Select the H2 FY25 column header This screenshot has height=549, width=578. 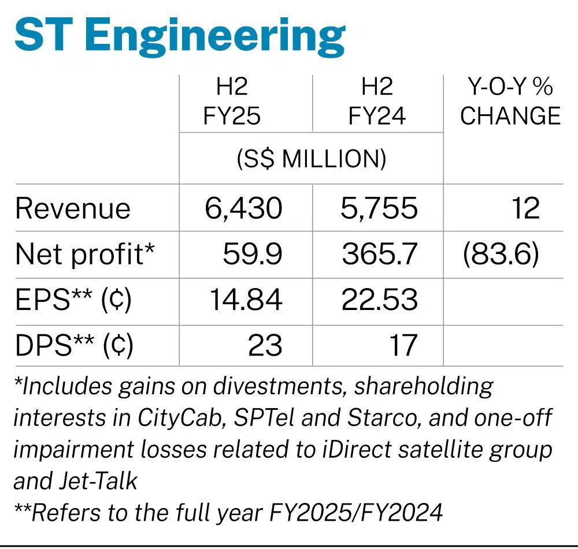point(232,101)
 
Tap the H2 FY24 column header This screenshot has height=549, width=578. point(377,101)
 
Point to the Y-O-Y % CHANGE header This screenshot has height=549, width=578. point(510,101)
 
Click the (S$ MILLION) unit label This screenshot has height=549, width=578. point(312,159)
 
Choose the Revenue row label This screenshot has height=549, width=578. point(73,208)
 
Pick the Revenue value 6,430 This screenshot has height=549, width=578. point(244,208)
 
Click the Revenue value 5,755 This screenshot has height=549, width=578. point(379,208)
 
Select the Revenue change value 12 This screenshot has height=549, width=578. point(525,208)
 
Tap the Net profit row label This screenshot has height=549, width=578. point(85,255)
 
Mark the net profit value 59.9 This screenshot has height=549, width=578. point(253,254)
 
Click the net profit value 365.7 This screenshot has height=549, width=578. point(380,254)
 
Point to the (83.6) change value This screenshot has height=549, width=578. point(501,255)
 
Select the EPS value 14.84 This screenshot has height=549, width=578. point(246,300)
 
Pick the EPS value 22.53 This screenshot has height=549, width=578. point(380,300)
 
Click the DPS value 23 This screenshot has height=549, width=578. point(265,345)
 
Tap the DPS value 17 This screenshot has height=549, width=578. point(403,345)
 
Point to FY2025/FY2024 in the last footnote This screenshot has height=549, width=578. point(356,513)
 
